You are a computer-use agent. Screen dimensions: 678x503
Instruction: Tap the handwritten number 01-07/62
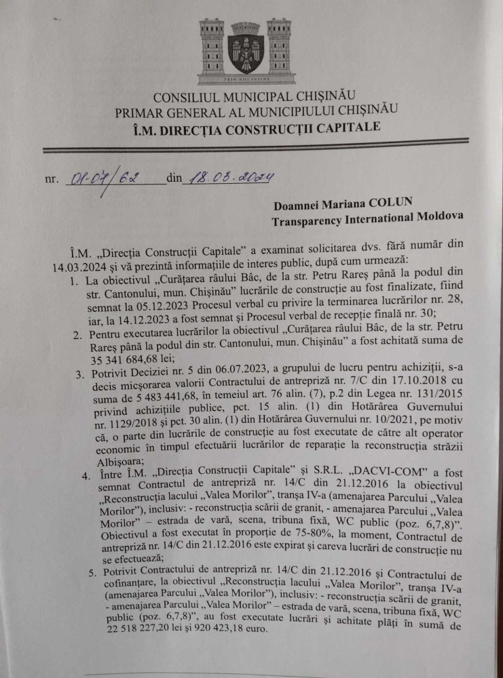pos(103,180)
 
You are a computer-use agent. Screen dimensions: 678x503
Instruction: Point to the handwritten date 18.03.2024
pos(229,178)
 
